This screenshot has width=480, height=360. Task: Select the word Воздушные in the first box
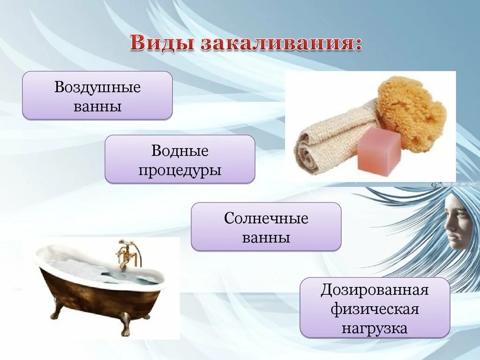point(97,87)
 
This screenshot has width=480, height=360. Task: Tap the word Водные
point(180,151)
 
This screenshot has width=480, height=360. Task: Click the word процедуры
point(180,169)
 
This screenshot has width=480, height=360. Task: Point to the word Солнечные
point(266,218)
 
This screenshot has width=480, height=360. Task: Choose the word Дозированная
point(375,290)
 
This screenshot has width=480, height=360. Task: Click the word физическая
point(375,309)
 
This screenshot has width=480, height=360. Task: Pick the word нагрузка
point(375,328)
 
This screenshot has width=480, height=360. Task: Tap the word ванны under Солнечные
point(266,237)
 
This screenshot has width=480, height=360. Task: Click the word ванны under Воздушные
point(97,106)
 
